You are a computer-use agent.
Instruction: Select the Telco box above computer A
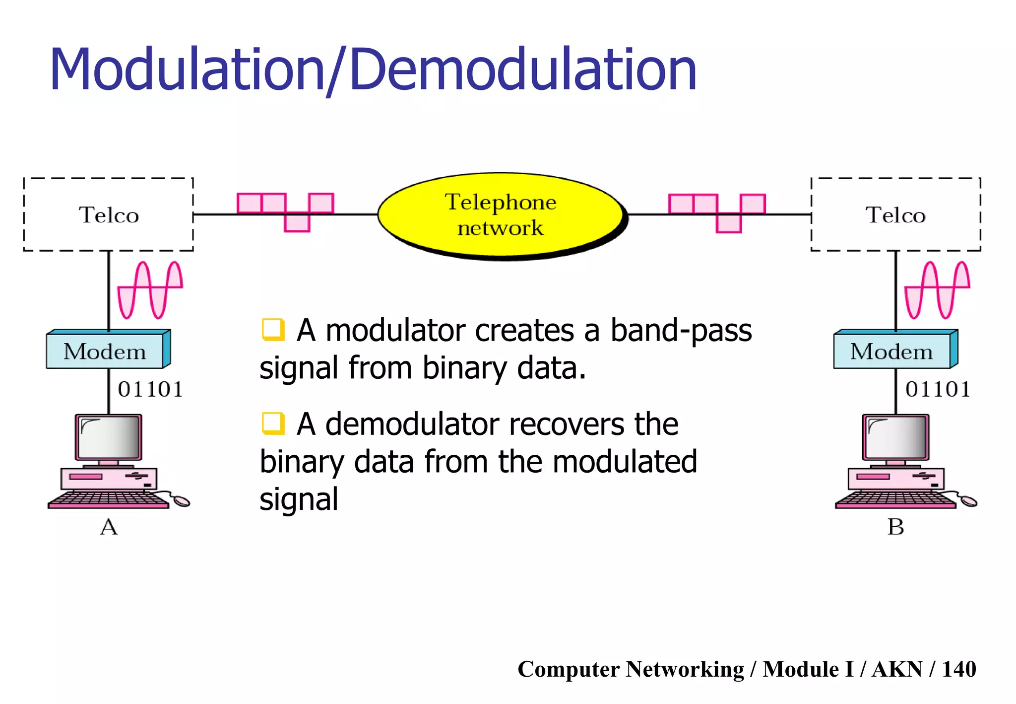[x=109, y=214]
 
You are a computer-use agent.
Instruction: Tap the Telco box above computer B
[x=895, y=214]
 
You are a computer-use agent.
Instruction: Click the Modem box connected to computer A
[x=105, y=352]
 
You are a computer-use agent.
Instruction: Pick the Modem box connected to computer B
[x=892, y=352]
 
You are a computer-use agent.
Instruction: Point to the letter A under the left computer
[x=109, y=527]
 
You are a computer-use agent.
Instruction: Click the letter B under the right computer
[x=895, y=527]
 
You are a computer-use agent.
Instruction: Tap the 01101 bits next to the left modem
[x=150, y=389]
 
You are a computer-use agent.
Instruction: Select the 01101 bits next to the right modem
[x=938, y=389]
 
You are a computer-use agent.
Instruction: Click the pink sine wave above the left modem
[x=150, y=289]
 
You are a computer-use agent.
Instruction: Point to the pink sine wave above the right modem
[x=937, y=289]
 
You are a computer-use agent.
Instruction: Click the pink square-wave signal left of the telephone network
[x=286, y=211]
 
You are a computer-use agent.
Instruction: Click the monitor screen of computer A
[x=109, y=437]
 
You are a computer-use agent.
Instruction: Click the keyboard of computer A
[x=109, y=499]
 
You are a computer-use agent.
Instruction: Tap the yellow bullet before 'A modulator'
[x=273, y=330]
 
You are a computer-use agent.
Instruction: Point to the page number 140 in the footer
[x=959, y=669]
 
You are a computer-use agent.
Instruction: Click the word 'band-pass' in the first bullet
[x=681, y=331]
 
